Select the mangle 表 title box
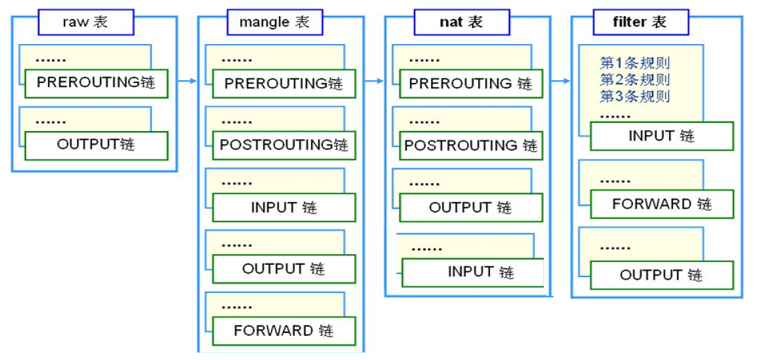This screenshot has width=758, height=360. coord(274,23)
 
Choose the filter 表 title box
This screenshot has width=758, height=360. coord(640,23)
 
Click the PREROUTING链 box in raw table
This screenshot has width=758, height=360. coord(96,83)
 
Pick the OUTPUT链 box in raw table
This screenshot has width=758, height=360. coord(96,145)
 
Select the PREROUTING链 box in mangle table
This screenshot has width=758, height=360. coord(284,84)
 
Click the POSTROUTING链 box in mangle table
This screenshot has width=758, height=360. coord(284,145)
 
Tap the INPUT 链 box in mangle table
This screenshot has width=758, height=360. coord(284,207)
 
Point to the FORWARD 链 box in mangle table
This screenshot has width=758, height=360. coord(284,330)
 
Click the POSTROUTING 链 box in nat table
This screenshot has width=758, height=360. coord(470,145)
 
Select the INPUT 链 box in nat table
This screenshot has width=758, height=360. coord(473,273)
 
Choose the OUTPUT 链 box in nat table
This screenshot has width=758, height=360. coord(470,208)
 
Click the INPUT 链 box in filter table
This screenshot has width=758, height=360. coord(661,136)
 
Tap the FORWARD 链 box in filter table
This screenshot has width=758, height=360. coord(661,204)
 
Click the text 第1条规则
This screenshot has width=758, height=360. coord(635,63)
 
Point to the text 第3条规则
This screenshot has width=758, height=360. coord(635,97)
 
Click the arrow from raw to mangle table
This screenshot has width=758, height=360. coord(187,81)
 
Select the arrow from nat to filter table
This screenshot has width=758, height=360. coord(560,81)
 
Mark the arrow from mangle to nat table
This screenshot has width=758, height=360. coord(374,81)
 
